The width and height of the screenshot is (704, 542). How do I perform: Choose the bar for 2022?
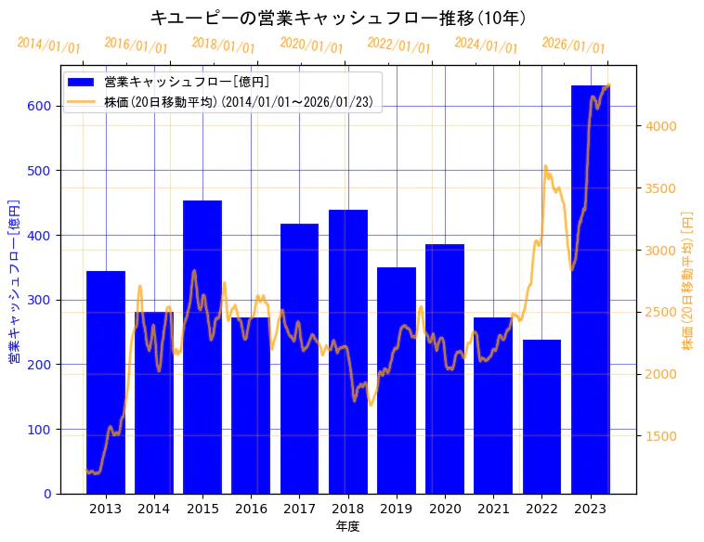pyautogui.click(x=541, y=417)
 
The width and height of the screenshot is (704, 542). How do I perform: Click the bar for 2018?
pyautogui.click(x=348, y=352)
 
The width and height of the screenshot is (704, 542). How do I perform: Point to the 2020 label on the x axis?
pyautogui.click(x=445, y=509)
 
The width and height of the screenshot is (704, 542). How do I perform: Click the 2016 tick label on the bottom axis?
pyautogui.click(x=251, y=509)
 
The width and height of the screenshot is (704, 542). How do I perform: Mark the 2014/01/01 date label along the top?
pyautogui.click(x=48, y=45)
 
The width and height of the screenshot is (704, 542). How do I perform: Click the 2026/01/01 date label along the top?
pyautogui.click(x=573, y=45)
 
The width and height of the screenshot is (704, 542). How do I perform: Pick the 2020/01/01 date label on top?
pyautogui.click(x=311, y=45)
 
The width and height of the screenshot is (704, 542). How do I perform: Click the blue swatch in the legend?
pyautogui.click(x=82, y=83)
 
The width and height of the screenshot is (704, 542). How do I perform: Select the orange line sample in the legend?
pyautogui.click(x=82, y=102)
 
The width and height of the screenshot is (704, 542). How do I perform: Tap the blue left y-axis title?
pyautogui.click(x=14, y=280)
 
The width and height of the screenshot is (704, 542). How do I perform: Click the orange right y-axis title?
pyautogui.click(x=688, y=280)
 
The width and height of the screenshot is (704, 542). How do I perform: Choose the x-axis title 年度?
pyautogui.click(x=347, y=526)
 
